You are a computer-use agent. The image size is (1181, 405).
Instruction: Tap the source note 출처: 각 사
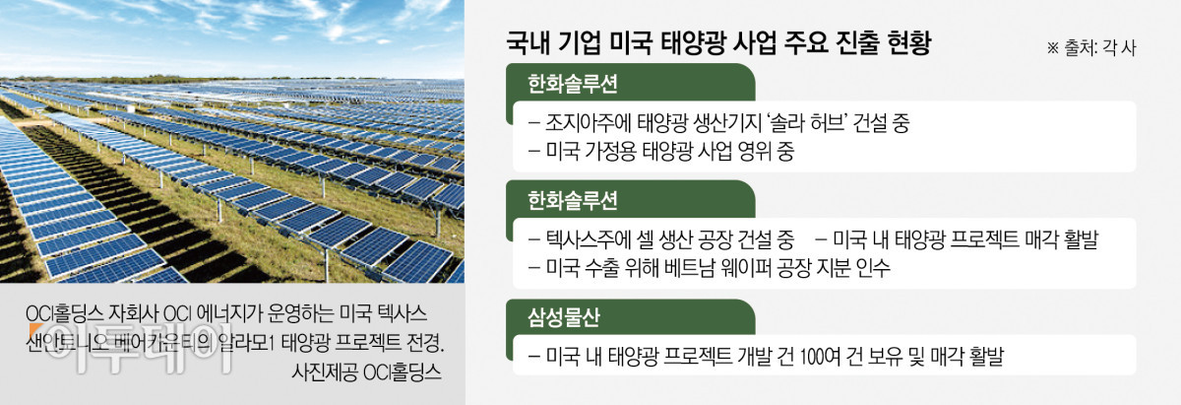1091,47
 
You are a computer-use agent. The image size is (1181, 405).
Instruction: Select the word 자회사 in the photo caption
130,314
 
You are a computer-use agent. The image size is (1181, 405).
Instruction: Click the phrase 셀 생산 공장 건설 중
719,239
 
